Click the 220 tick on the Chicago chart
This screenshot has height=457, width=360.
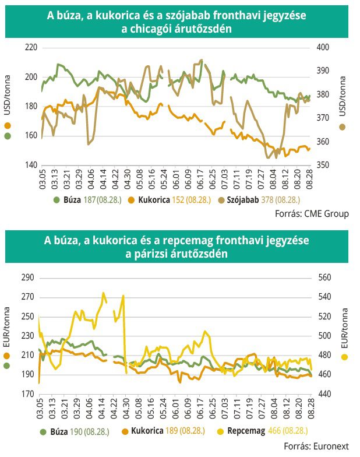[30, 47]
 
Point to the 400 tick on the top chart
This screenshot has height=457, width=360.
[322, 47]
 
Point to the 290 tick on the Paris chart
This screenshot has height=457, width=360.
[28, 277]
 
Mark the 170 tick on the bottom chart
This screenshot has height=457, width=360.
[28, 394]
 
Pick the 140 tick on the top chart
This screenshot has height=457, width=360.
[30, 165]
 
